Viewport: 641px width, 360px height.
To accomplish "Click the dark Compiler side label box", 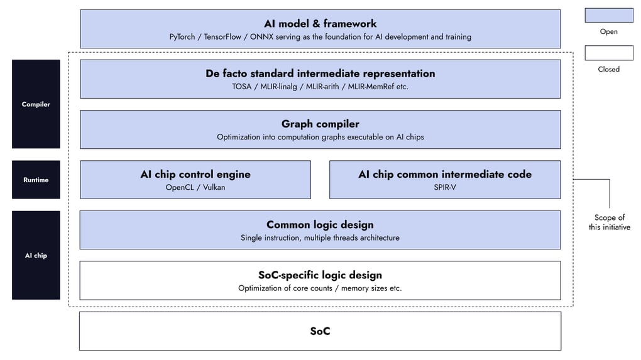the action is click(x=36, y=104).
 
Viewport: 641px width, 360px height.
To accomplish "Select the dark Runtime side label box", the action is click(x=36, y=180).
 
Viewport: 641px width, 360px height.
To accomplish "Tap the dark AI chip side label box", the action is click(x=36, y=255).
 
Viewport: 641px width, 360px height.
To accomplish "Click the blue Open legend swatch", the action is click(x=609, y=15).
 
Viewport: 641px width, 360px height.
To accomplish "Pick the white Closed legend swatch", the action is click(x=609, y=53).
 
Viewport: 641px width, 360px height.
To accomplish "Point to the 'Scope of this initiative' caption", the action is click(x=610, y=222).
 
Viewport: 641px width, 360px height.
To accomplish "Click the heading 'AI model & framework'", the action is click(x=320, y=24).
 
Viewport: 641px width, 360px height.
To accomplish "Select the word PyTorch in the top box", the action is click(x=182, y=37).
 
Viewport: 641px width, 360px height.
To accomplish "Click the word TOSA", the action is click(x=241, y=87).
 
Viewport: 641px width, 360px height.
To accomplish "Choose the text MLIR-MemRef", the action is click(x=371, y=87).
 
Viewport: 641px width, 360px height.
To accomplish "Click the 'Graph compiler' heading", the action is click(x=320, y=124).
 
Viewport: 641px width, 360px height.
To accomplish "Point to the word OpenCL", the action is click(x=180, y=187).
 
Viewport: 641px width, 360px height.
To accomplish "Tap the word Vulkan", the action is click(x=214, y=187).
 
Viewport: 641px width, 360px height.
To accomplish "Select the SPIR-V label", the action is click(x=445, y=187).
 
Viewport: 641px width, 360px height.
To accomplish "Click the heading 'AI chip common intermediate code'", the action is click(x=445, y=175).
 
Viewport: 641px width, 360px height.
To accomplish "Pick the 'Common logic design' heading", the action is click(x=320, y=225).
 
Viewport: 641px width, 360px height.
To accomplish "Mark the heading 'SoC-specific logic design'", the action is click(x=320, y=275).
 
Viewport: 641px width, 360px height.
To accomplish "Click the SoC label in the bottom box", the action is click(x=320, y=331).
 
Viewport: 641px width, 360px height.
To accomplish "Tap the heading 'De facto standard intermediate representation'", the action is click(x=320, y=74).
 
